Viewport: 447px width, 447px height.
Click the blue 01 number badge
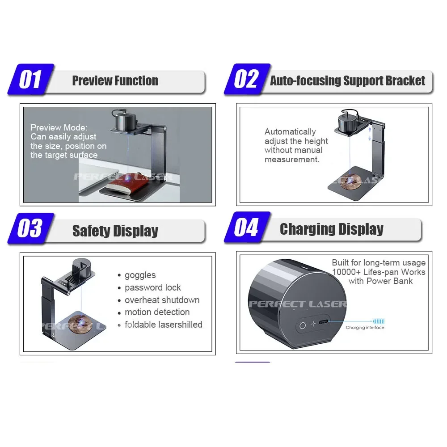point(31,79)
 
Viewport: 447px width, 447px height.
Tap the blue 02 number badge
point(247,79)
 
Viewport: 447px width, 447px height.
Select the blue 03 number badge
point(31,228)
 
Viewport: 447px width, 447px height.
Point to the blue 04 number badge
point(247,227)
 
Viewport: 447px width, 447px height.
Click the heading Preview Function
point(115,80)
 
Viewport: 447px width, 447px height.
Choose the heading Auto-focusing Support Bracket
point(347,80)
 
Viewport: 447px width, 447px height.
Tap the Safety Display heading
point(115,231)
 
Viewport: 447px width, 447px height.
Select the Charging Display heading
point(332,229)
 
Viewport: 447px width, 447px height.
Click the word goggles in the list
point(140,275)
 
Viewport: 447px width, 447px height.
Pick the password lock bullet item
point(153,287)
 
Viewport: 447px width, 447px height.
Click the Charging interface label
point(365,328)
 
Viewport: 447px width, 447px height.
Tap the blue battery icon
point(379,321)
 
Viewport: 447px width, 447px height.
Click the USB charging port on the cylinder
point(323,322)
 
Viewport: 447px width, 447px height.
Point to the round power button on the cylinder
point(303,325)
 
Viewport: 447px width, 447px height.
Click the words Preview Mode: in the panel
point(59,127)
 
